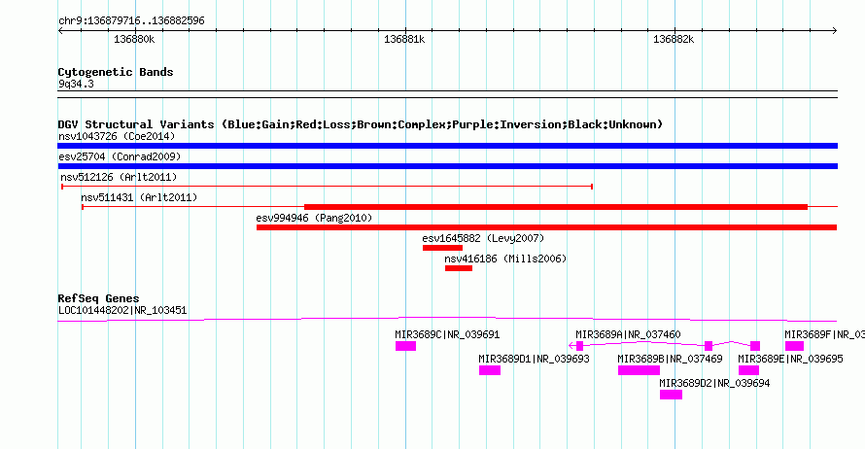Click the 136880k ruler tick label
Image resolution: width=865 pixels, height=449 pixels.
pos(134,40)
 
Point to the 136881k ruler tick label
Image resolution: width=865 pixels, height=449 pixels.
pos(404,40)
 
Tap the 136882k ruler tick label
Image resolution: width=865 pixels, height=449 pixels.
pos(674,40)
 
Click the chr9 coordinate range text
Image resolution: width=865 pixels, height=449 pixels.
pos(131,21)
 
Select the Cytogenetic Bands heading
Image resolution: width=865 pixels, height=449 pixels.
pos(116,72)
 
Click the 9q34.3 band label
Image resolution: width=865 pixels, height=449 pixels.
pos(76,84)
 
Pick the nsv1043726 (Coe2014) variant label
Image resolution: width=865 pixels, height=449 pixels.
pos(117,136)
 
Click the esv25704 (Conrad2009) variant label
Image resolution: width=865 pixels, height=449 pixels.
pos(120,156)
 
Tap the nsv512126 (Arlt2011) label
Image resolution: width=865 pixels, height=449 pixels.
pos(119,177)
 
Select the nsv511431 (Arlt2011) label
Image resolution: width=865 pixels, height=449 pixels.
pos(139,197)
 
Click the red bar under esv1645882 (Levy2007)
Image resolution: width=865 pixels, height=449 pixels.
pos(442,248)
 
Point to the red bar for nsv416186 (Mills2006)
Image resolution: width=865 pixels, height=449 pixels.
pos(459,268)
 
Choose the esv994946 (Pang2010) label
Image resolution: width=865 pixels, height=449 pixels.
pos(314,218)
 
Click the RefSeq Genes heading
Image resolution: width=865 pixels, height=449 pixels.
pos(99,298)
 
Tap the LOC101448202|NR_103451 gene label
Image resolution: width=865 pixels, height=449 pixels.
pos(122,311)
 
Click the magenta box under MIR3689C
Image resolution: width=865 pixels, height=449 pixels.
pos(405,346)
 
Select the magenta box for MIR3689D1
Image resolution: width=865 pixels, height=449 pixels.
pos(490,370)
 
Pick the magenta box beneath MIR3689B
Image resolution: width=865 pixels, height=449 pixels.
pos(639,370)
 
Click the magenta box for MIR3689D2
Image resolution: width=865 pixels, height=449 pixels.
pos(671,395)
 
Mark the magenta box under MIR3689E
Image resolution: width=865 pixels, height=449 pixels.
pos(748,370)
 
